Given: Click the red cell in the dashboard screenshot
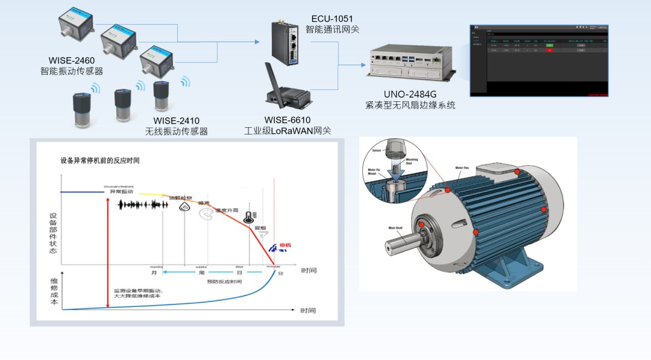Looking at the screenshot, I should point(549,50).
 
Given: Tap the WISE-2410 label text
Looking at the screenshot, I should point(176,121).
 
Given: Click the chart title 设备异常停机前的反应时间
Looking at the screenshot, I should point(100,161).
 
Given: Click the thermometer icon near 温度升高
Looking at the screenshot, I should point(249,216).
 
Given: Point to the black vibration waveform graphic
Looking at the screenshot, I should point(143,205).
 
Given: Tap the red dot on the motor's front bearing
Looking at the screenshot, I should point(421,225).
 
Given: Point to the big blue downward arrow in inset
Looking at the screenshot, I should point(394,175).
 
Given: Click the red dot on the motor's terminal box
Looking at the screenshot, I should point(517,172).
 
